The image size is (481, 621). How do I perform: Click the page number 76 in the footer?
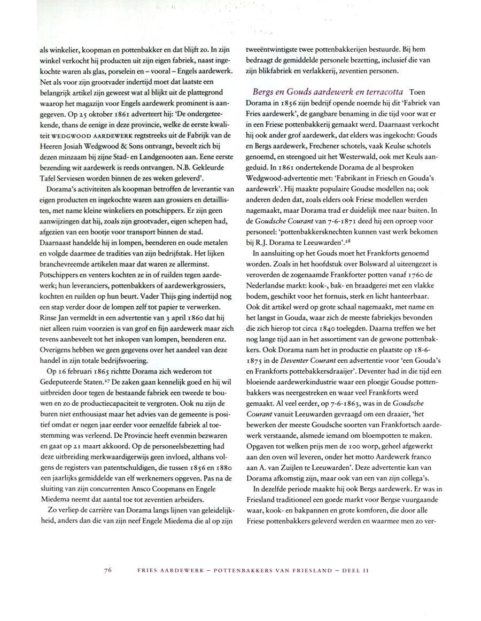click(107, 571)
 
